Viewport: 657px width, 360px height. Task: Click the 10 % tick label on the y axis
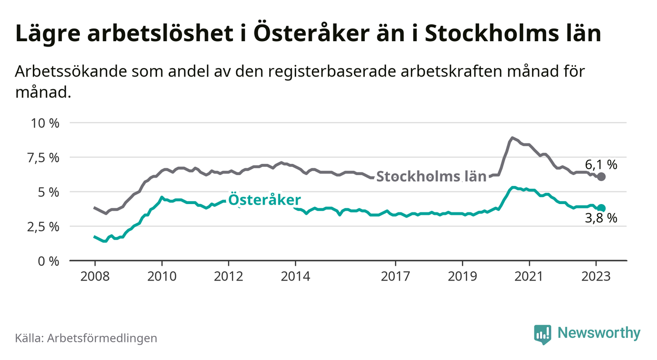pyautogui.click(x=45, y=123)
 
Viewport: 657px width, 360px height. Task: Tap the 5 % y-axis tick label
pyautogui.click(x=49, y=192)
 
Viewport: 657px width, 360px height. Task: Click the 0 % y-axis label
pyautogui.click(x=49, y=261)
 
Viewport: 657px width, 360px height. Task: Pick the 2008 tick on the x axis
pyautogui.click(x=95, y=276)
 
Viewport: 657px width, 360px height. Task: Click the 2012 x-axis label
pyautogui.click(x=228, y=276)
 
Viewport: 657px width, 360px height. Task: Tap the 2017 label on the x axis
pyautogui.click(x=396, y=276)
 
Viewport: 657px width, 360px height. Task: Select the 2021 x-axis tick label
pyautogui.click(x=530, y=276)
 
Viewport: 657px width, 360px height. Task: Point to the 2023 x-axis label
pyautogui.click(x=596, y=276)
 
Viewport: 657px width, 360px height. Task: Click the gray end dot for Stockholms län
pyautogui.click(x=602, y=177)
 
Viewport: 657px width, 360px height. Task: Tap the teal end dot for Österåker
pyautogui.click(x=602, y=208)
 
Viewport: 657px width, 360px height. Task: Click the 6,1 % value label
pyautogui.click(x=601, y=164)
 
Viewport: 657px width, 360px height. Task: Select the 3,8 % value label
pyautogui.click(x=601, y=219)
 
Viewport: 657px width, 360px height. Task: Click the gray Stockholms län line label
pyautogui.click(x=431, y=177)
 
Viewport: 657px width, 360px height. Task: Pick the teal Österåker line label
pyautogui.click(x=265, y=200)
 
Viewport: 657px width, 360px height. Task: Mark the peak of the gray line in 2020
pyautogui.click(x=512, y=138)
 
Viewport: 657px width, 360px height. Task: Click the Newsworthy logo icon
pyautogui.click(x=542, y=334)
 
